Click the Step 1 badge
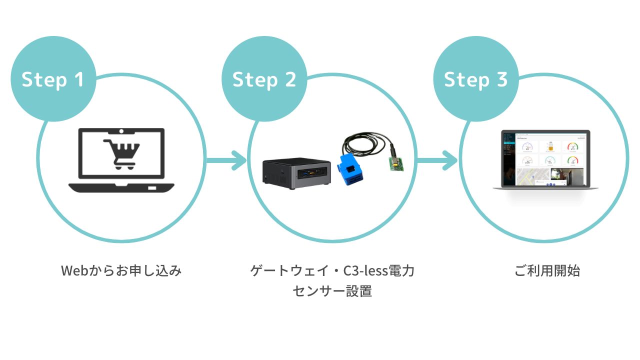(53, 79)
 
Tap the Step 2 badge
(264, 79)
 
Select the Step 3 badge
(475, 79)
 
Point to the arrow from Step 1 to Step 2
(226, 161)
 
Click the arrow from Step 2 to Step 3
(437, 161)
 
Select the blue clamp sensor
(354, 169)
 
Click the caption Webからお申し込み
(121, 271)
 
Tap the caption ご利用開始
(547, 271)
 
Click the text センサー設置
(332, 291)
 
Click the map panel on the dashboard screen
(532, 177)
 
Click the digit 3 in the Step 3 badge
(502, 79)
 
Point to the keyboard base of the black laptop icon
(121, 188)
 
